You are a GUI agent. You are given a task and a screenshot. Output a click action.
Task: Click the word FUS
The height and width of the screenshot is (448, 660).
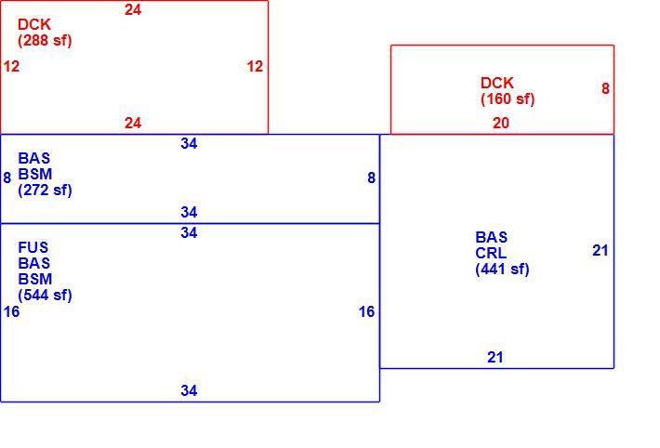pyautogui.click(x=33, y=247)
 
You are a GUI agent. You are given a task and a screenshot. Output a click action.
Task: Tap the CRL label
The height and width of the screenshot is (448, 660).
pyautogui.click(x=491, y=253)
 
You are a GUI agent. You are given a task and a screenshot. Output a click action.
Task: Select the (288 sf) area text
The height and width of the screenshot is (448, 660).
pyautogui.click(x=45, y=40)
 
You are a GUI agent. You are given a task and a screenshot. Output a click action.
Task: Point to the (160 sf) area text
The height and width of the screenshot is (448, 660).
pyautogui.click(x=508, y=99)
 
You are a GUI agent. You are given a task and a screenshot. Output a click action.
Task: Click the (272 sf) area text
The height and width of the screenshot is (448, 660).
pyautogui.click(x=45, y=190)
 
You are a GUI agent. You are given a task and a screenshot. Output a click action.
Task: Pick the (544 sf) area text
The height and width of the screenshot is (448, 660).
pyautogui.click(x=45, y=295)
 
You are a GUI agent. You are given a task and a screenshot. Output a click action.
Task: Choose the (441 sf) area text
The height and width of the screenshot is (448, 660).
pyautogui.click(x=502, y=269)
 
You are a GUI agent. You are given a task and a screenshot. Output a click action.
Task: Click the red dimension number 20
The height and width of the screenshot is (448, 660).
pyautogui.click(x=501, y=123)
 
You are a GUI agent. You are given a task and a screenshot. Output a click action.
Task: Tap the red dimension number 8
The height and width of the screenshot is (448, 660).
pyautogui.click(x=605, y=88)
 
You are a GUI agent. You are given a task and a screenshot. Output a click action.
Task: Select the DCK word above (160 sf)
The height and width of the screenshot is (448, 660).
pyautogui.click(x=497, y=83)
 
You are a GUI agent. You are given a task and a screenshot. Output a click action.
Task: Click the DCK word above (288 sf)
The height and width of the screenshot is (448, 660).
pyautogui.click(x=34, y=24)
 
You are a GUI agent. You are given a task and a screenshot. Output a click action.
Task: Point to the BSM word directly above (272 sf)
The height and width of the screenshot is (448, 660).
pyautogui.click(x=35, y=174)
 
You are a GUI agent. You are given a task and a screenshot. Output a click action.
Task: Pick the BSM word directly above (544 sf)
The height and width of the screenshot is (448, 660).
pyautogui.click(x=35, y=279)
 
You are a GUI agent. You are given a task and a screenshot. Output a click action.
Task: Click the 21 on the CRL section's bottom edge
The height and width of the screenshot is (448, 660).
pyautogui.click(x=495, y=357)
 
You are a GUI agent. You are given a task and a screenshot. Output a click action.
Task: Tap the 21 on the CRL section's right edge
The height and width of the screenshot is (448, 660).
pyautogui.click(x=601, y=251)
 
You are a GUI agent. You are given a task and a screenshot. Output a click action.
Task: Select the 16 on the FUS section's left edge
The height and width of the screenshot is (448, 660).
pyautogui.click(x=11, y=311)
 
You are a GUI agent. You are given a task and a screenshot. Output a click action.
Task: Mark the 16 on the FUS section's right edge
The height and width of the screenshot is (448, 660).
pyautogui.click(x=366, y=311)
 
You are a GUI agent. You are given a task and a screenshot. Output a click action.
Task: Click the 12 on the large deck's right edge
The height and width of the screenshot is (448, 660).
pyautogui.click(x=255, y=66)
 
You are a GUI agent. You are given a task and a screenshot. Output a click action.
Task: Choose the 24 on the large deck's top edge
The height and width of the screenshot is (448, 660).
pyautogui.click(x=133, y=9)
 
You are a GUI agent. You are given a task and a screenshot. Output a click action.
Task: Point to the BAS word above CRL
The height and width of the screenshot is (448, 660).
pyautogui.click(x=491, y=237)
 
